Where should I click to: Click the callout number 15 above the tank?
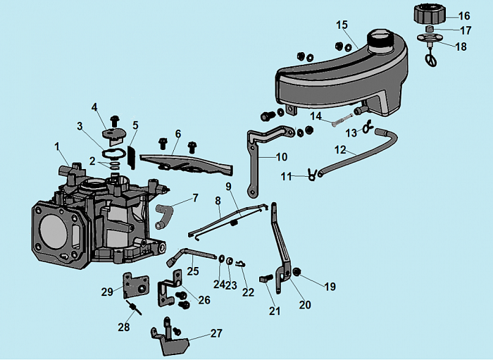342,25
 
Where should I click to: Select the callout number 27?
216,333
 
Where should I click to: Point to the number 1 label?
58,147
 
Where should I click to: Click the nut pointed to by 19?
297,271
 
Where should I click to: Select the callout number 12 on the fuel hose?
340,149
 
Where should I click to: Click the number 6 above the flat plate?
178,133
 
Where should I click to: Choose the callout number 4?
94,107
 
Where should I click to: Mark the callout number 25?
193,271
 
